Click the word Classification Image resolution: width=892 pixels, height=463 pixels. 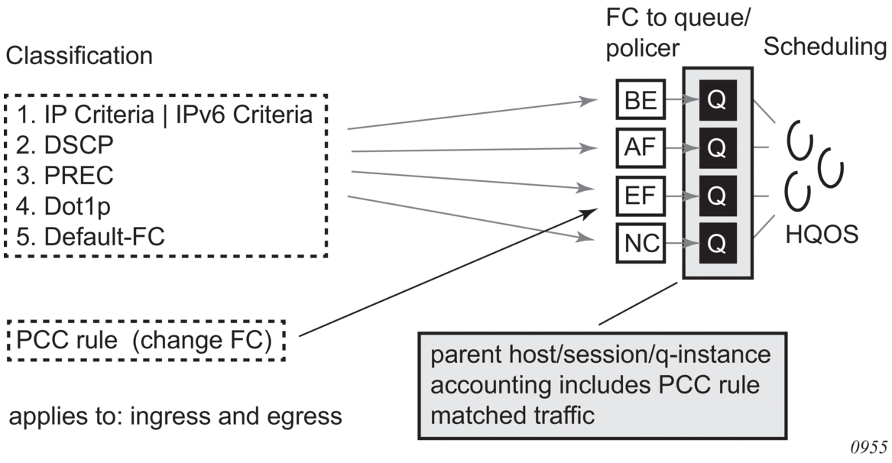tap(79, 56)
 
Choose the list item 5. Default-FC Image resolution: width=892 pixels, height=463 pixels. tap(83, 238)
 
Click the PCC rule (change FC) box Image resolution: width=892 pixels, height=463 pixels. tap(144, 339)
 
